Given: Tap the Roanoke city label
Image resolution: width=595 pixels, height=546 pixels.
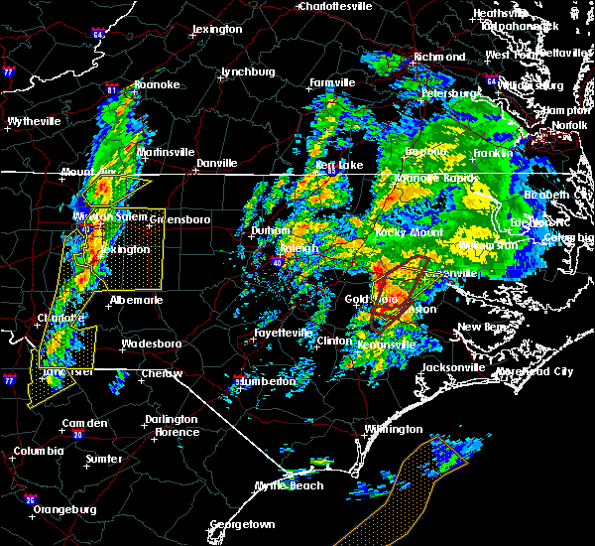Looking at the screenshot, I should coord(157,84).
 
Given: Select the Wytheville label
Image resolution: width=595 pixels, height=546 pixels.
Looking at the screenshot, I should coord(34,121).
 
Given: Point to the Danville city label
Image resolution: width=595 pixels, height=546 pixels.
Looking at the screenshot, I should coord(216,162).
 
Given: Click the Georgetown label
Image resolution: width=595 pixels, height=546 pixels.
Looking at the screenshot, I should coord(242,523).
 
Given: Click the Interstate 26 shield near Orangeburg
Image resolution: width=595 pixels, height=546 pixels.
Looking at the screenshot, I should coord(31,499).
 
